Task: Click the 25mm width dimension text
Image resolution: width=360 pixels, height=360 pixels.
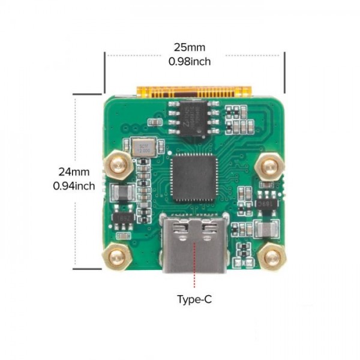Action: pyautogui.click(x=191, y=47)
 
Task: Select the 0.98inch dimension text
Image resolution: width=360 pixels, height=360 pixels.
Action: pyautogui.click(x=191, y=61)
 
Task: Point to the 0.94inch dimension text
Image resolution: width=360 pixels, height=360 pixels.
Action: pyautogui.click(x=74, y=185)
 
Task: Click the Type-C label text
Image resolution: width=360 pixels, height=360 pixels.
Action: pyautogui.click(x=194, y=299)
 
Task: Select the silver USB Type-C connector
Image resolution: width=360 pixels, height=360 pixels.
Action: pyautogui.click(x=194, y=244)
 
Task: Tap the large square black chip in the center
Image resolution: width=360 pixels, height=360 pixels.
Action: pyautogui.click(x=193, y=176)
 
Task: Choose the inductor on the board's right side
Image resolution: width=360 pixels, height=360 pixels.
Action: pyautogui.click(x=264, y=230)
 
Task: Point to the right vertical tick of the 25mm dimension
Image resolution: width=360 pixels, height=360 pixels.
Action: pyautogui.click(x=284, y=72)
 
